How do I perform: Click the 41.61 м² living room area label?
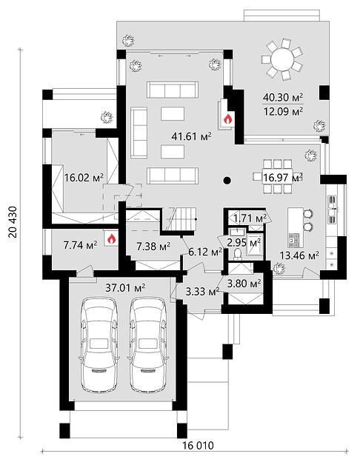click(x=192, y=136)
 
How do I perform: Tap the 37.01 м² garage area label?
click(x=125, y=288)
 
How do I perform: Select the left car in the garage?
click(x=99, y=345)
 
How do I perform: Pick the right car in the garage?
click(x=148, y=345)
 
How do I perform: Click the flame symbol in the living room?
click(x=227, y=118)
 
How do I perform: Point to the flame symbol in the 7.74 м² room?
click(x=111, y=239)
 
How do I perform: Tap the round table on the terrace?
click(x=282, y=59)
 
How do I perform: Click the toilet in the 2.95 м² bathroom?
click(x=237, y=254)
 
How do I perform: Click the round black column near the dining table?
click(x=227, y=181)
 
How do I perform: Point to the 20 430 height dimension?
click(x=13, y=221)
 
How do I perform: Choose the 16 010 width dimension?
click(x=198, y=445)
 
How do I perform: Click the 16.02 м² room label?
click(x=84, y=178)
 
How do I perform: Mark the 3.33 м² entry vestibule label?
click(x=203, y=292)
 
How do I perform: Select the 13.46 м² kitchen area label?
click(x=299, y=255)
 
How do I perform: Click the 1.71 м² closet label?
click(x=250, y=218)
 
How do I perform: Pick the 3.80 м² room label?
click(x=244, y=284)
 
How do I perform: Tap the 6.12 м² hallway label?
click(x=205, y=252)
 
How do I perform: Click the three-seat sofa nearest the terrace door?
click(x=173, y=90)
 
